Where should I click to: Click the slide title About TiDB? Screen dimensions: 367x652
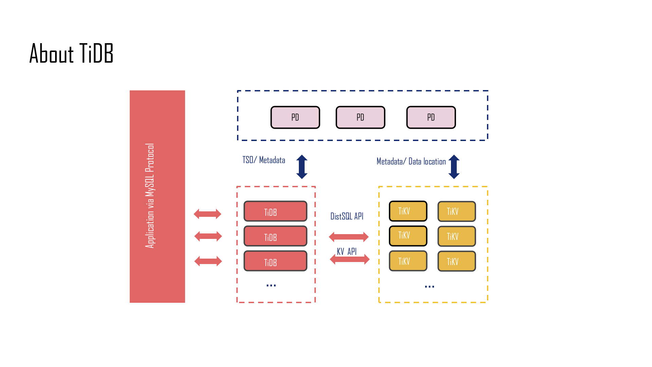point(71,53)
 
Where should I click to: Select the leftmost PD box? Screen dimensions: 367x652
point(295,117)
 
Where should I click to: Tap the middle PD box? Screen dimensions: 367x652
point(360,117)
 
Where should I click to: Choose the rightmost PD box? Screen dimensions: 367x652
point(431,117)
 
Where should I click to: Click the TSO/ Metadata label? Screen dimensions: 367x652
point(264,160)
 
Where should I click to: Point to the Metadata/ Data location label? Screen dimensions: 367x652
point(411,161)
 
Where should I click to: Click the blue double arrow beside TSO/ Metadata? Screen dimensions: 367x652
point(302,167)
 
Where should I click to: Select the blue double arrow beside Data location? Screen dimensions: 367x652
point(454,167)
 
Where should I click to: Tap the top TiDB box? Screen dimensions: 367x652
point(275,211)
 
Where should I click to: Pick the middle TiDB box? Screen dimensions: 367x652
point(275,236)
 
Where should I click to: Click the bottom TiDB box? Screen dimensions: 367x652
point(275,261)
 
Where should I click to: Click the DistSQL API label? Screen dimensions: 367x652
point(347,216)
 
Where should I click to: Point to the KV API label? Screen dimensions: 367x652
point(347,251)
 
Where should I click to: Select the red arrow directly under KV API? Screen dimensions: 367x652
point(350,260)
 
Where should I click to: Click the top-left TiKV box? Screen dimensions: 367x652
point(408,211)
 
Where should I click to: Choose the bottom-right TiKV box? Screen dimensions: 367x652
point(457,261)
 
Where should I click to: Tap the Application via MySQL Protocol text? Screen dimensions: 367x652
point(150,196)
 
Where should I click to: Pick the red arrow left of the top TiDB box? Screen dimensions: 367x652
point(207,214)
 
